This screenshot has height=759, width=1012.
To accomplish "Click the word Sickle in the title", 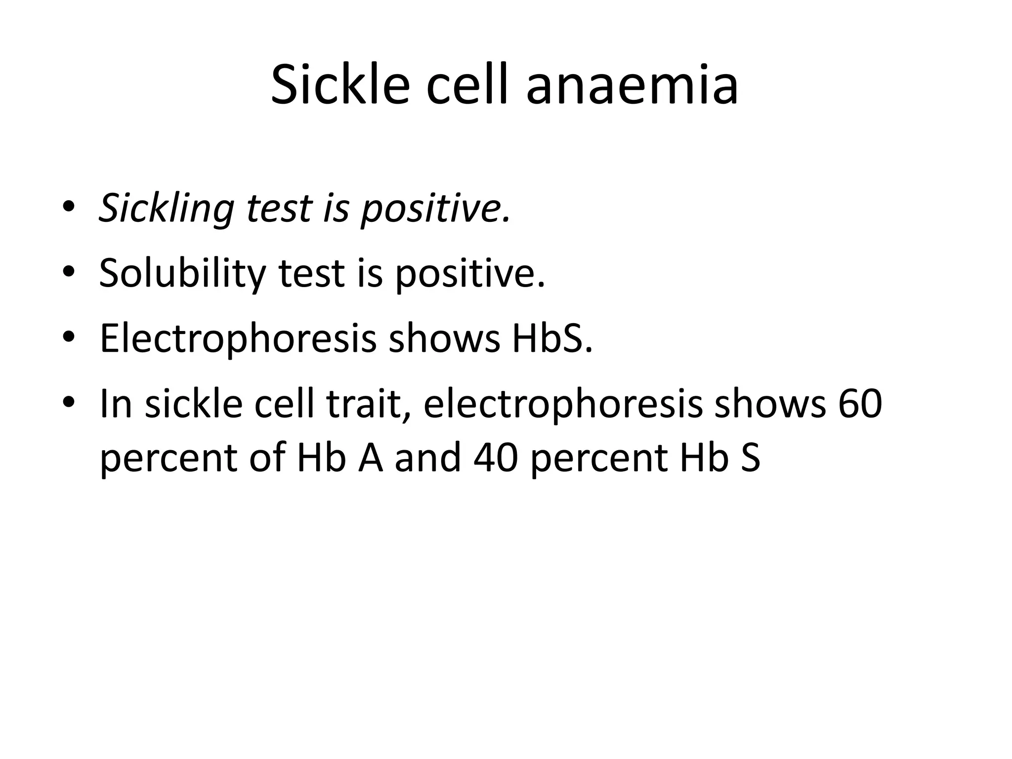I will click(340, 85).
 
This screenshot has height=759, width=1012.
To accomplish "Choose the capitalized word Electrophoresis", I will click(238, 339).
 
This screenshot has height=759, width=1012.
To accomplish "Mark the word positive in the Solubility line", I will click(469, 274).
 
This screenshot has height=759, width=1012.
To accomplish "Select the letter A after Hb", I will click(371, 458).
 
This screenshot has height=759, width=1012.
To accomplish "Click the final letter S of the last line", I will click(750, 458).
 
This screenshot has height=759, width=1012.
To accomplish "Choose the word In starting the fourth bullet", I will click(116, 404).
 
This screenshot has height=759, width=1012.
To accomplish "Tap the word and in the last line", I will click(428, 458).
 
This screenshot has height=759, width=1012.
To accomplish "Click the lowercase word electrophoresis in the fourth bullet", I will click(562, 404).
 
